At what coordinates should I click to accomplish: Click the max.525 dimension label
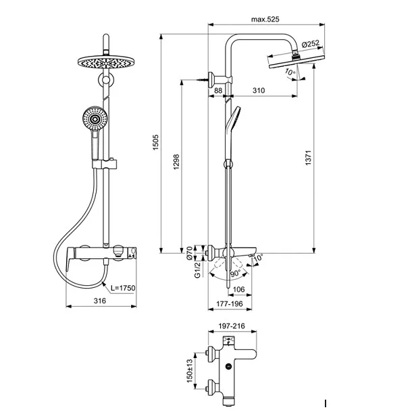coord(266,20)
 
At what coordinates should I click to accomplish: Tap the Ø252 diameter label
coord(311,44)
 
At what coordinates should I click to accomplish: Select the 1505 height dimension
coord(155,142)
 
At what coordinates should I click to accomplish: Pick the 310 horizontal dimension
coord(257,90)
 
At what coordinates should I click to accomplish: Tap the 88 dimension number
coord(218,90)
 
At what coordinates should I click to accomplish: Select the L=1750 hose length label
coord(124,288)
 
